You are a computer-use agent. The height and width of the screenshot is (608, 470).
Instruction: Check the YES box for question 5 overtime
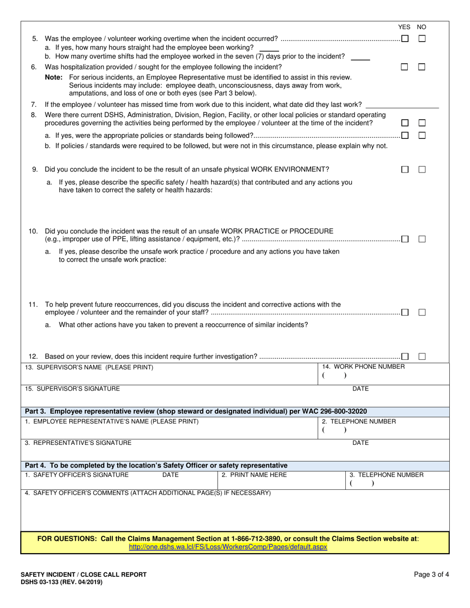[x=405, y=39]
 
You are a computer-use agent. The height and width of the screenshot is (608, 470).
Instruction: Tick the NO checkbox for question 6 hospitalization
[x=422, y=67]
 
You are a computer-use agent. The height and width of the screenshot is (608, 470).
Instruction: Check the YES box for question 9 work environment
[x=405, y=170]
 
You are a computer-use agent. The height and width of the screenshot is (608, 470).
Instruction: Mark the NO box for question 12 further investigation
[x=422, y=356]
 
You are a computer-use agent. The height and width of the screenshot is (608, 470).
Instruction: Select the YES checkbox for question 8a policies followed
[x=405, y=135]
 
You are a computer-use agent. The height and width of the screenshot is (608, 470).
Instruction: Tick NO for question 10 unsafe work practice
[x=422, y=239]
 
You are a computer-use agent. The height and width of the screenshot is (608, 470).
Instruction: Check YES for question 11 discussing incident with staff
[x=405, y=312]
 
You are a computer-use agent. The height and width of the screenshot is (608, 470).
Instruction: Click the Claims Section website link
[x=228, y=547]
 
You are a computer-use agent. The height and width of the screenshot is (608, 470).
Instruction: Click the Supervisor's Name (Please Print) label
[x=89, y=367]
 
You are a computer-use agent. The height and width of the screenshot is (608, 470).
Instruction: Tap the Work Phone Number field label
[x=363, y=367]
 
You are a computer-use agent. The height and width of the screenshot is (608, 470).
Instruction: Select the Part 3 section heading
[x=196, y=411]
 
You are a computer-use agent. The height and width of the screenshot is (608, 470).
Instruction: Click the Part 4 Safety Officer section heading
[x=156, y=466]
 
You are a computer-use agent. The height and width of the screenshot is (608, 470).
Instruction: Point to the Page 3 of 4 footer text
[x=431, y=574]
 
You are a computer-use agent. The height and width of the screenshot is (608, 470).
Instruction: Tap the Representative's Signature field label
[x=78, y=443]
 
